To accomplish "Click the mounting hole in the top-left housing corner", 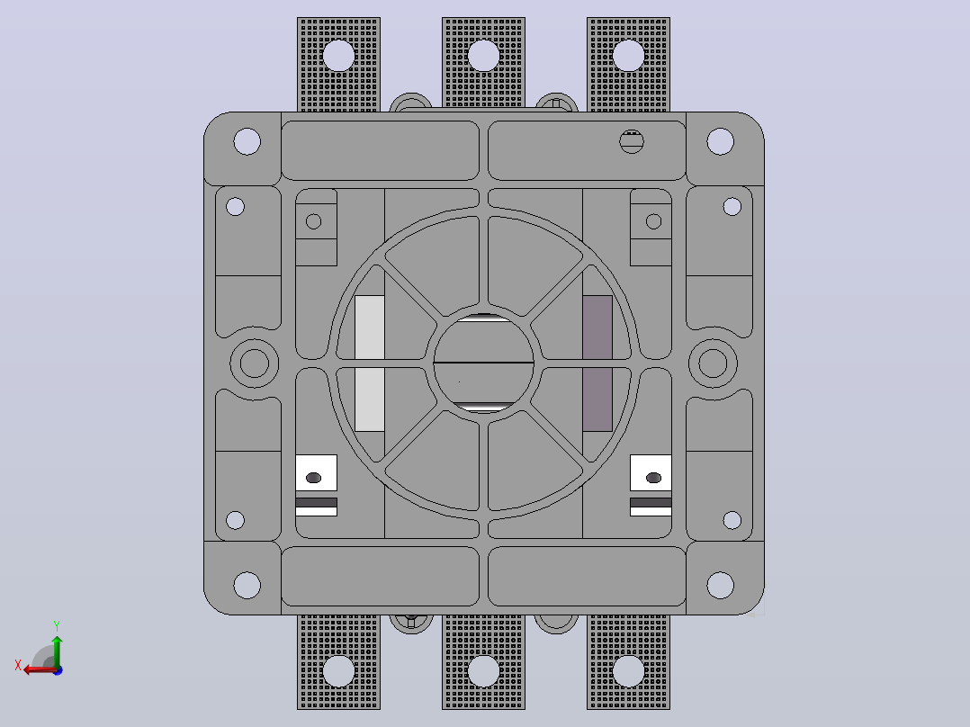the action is [247, 141].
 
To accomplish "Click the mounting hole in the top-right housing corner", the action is [720, 141].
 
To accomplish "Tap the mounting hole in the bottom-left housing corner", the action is [247, 586].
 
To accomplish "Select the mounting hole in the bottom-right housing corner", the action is [720, 586].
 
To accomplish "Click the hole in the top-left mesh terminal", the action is [338, 55].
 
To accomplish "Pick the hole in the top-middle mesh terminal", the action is [483, 55].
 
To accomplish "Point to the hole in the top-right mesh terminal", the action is [628, 55].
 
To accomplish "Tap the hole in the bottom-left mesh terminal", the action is [338, 670].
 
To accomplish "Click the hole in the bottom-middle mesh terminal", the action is [483, 670].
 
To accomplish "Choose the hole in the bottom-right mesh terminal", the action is [628, 670].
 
